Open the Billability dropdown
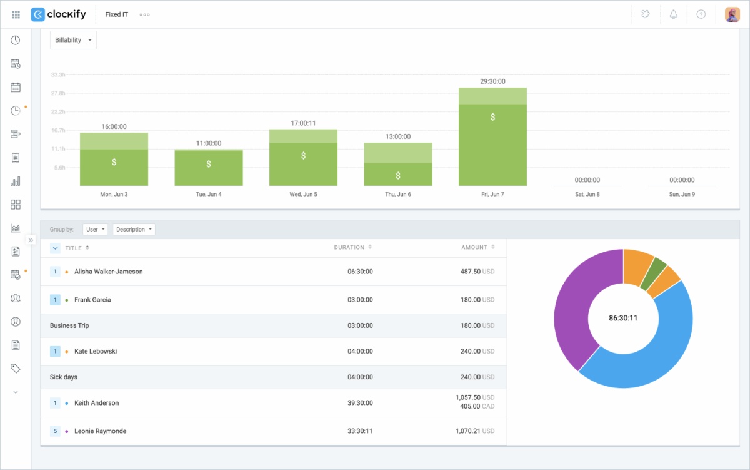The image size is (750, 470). click(73, 40)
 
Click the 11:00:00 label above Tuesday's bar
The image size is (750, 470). click(209, 143)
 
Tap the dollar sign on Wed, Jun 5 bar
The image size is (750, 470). click(303, 156)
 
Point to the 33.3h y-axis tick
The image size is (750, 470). click(58, 74)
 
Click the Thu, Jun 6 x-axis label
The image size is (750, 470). click(398, 195)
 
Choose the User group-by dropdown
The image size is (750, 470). click(95, 230)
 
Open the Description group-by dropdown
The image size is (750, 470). click(134, 230)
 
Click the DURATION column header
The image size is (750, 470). click(349, 248)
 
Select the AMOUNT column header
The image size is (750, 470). click(474, 248)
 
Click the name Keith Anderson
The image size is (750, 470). click(96, 403)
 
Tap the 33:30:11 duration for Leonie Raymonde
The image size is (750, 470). click(360, 431)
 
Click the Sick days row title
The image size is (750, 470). click(64, 377)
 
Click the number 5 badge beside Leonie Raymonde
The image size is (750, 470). click(55, 431)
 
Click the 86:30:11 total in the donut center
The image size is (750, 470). click(623, 318)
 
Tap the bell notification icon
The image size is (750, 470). click(674, 14)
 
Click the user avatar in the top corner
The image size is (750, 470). click(732, 14)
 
